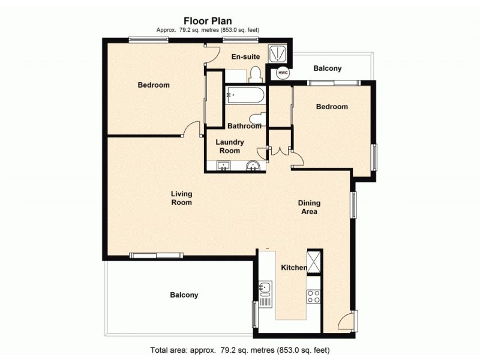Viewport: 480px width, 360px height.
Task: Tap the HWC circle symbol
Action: click(x=283, y=73)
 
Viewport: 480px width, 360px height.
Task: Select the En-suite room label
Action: click(x=245, y=56)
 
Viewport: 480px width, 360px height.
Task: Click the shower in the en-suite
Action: click(x=278, y=53)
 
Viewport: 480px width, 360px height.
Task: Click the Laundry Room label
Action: click(x=230, y=146)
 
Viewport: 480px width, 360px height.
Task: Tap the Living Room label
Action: click(x=181, y=198)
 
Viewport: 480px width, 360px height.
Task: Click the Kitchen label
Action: click(x=294, y=268)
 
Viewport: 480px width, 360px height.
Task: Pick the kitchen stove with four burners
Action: click(x=314, y=296)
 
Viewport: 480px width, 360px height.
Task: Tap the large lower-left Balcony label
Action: click(x=184, y=295)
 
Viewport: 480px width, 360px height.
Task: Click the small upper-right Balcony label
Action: click(x=328, y=68)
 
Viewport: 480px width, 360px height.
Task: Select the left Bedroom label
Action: click(x=154, y=85)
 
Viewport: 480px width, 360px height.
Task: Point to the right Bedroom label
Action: click(x=332, y=107)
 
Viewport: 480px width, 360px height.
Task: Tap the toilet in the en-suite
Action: click(x=255, y=74)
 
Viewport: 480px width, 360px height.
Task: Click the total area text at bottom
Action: click(x=240, y=349)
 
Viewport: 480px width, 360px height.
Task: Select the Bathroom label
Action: click(x=244, y=126)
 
